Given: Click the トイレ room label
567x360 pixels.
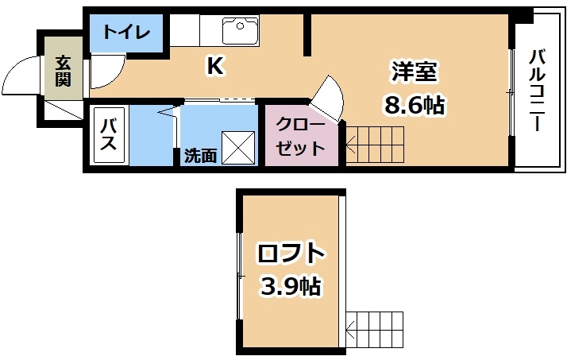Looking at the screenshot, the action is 126,33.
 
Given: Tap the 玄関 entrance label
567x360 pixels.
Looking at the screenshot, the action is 63,72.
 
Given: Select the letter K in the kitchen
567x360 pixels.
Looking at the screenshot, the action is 214,66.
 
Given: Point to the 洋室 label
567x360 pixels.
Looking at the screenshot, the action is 414,72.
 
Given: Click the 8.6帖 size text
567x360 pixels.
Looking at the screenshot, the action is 414,106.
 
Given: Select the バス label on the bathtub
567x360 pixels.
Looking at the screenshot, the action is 109,134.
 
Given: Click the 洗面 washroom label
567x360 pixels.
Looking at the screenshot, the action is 200,156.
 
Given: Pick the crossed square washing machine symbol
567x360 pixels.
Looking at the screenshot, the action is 238,148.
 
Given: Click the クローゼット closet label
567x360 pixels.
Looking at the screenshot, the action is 300,137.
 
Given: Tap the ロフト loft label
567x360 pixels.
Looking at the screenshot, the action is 291,254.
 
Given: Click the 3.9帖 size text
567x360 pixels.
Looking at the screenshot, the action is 291,287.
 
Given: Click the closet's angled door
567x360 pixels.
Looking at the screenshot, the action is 326,99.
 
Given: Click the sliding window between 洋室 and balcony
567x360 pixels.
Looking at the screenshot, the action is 511,93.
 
